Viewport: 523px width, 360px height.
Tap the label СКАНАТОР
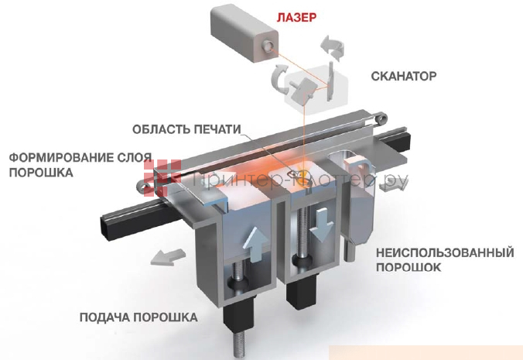405,77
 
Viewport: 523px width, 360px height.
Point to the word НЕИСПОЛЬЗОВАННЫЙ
445,252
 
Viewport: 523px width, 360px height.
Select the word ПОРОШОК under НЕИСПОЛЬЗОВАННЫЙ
408,267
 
